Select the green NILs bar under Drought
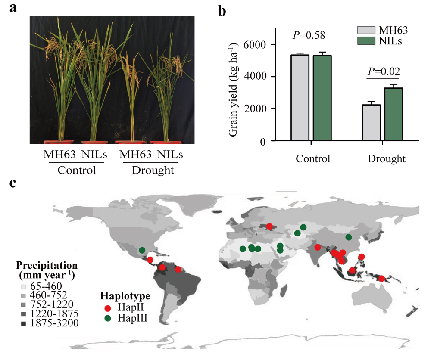pos(394,114)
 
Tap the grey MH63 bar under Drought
pos(371,123)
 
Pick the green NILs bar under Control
pos(322,98)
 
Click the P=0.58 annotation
pos(309,35)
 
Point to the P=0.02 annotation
pos(384,71)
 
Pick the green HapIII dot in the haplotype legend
pos(108,319)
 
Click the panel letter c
pos(13,183)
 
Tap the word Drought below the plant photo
pos(153,170)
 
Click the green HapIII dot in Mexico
pos(142,250)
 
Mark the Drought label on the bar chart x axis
pos(386,159)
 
